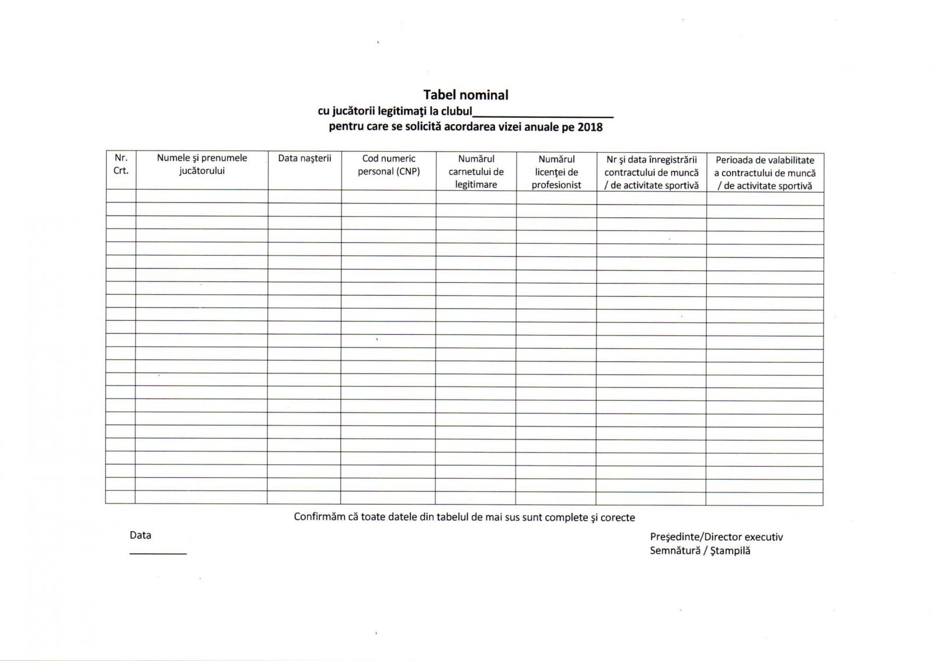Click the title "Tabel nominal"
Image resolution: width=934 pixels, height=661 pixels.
pyautogui.click(x=466, y=95)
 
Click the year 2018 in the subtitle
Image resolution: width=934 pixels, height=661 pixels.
pyautogui.click(x=590, y=127)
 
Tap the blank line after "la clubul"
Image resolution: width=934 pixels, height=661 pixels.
pyautogui.click(x=543, y=116)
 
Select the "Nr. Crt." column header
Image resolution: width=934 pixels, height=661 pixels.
pyautogui.click(x=121, y=165)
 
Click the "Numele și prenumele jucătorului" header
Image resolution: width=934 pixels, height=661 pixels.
pyautogui.click(x=202, y=165)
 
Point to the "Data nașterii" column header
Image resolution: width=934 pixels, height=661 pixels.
pyautogui.click(x=305, y=158)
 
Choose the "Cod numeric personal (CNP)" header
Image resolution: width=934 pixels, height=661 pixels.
pyautogui.click(x=389, y=165)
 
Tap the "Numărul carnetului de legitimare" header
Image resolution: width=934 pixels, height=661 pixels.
pyautogui.click(x=476, y=172)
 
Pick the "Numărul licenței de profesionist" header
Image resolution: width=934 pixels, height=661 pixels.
pyautogui.click(x=556, y=172)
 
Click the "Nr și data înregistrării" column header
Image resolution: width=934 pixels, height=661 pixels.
pyautogui.click(x=651, y=172)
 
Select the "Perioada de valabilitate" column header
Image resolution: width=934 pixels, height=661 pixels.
pyautogui.click(x=765, y=173)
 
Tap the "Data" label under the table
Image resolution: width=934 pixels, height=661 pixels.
pyautogui.click(x=141, y=535)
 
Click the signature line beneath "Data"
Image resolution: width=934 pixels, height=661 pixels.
pyautogui.click(x=158, y=553)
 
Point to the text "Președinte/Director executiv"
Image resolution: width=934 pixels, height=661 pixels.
pyautogui.click(x=716, y=537)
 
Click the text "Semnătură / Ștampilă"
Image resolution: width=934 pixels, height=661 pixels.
pyautogui.click(x=700, y=551)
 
